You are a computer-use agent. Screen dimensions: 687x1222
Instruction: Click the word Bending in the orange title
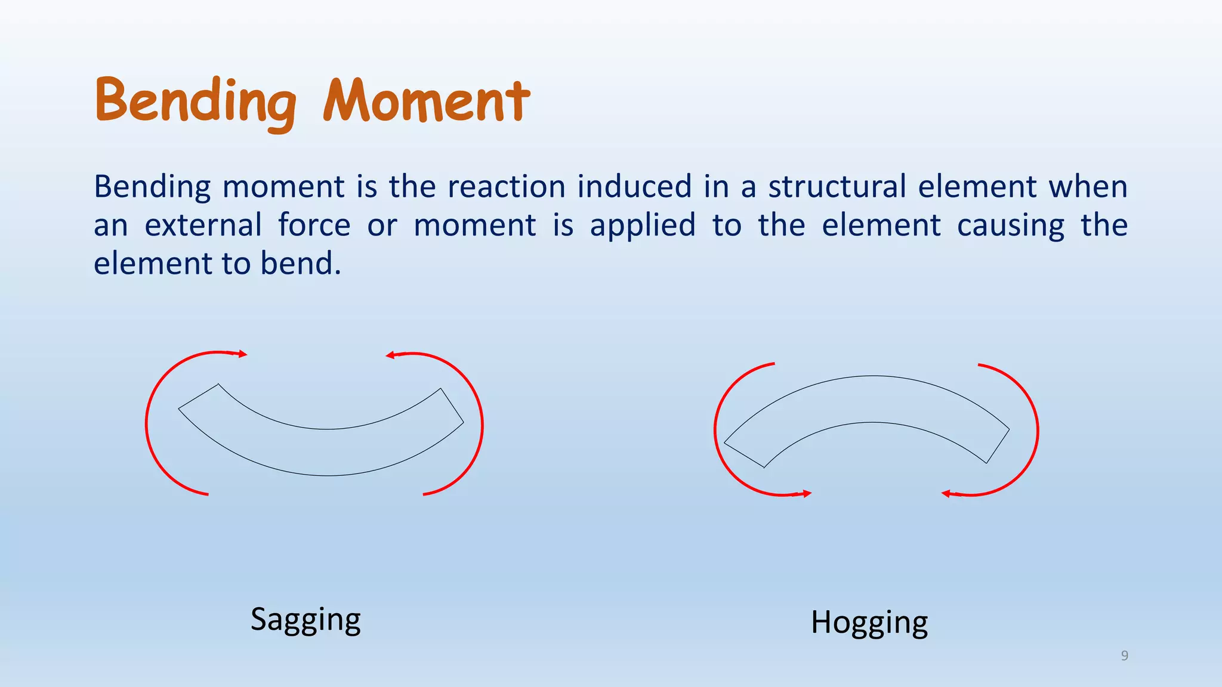[x=195, y=101]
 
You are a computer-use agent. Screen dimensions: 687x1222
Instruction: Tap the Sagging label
[x=305, y=620]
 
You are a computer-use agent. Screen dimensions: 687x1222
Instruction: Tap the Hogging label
[x=869, y=623]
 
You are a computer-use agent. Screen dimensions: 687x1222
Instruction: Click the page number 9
[x=1124, y=656]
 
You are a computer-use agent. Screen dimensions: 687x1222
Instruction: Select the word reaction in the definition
[x=506, y=187]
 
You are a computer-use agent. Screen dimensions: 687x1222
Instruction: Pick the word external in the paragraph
[x=203, y=225]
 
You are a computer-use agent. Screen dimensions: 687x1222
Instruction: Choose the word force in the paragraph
[x=314, y=225]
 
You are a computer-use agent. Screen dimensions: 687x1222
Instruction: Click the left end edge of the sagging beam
[x=199, y=397]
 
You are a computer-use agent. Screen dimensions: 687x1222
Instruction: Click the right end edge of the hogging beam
[x=998, y=446]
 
